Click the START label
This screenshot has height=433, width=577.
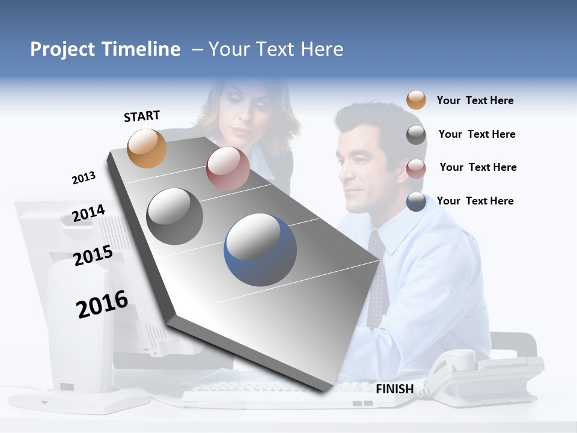(x=142, y=116)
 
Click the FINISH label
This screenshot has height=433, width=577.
(x=394, y=389)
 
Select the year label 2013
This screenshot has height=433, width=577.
(x=84, y=178)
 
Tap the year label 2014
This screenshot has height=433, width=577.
(x=88, y=213)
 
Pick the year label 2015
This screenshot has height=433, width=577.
(x=93, y=256)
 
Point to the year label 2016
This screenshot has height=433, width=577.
(x=102, y=304)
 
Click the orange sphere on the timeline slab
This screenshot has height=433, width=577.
(x=147, y=149)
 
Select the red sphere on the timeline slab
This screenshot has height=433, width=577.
(x=228, y=169)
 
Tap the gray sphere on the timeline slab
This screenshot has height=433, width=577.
(x=175, y=216)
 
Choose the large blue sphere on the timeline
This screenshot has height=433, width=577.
(x=260, y=247)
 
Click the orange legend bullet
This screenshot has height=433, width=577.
(x=416, y=100)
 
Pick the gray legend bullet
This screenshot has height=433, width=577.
(x=416, y=135)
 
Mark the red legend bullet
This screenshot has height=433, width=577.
(x=416, y=168)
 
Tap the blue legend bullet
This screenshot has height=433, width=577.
(x=416, y=201)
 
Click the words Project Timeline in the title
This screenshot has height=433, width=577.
(x=105, y=49)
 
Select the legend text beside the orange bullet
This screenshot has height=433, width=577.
(x=475, y=100)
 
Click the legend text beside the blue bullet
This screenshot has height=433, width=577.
(x=475, y=201)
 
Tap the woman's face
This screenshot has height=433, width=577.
(x=246, y=111)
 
